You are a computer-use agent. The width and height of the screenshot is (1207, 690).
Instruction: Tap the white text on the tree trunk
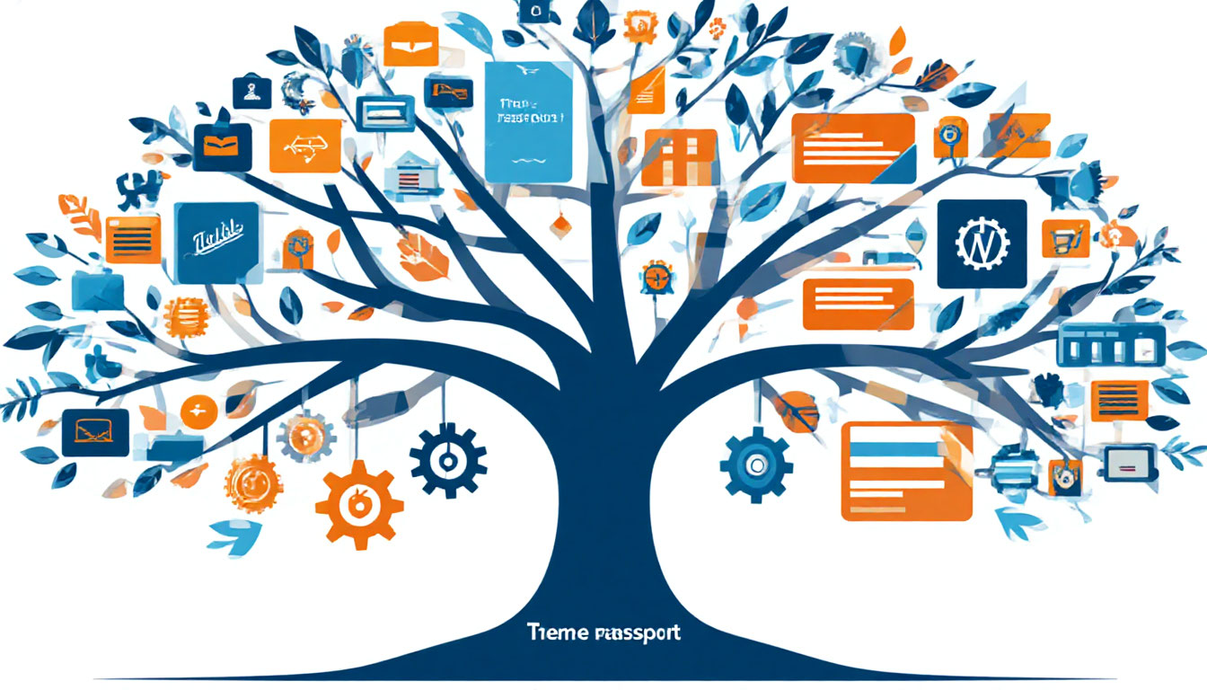pos(603,632)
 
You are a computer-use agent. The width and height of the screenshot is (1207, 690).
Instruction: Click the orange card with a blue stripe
pos(906,471)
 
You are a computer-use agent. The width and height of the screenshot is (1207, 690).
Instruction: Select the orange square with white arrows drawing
pos(305,146)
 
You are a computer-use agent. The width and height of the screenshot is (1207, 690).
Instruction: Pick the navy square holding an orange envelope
pos(222,146)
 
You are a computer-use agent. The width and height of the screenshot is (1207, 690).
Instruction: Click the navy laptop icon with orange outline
pos(95,431)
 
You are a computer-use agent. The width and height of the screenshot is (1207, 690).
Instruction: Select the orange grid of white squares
pos(679,157)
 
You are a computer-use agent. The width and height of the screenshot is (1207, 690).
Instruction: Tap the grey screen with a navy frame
pos(1128,463)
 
